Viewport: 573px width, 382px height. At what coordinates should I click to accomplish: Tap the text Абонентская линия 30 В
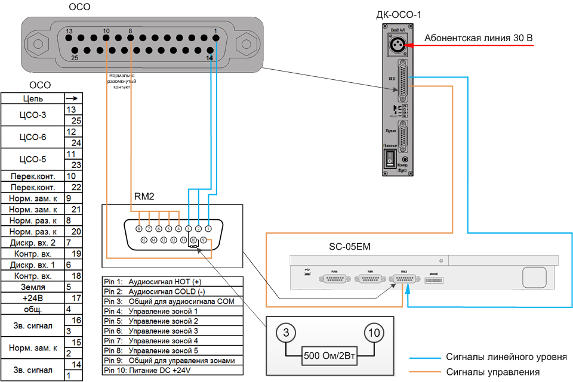point(478,39)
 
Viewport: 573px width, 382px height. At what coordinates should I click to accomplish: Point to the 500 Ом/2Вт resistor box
point(329,358)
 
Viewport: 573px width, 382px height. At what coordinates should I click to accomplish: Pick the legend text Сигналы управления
point(493,372)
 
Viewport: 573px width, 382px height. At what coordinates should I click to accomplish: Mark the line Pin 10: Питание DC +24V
point(158,369)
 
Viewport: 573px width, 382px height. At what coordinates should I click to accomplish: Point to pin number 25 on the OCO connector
point(75,58)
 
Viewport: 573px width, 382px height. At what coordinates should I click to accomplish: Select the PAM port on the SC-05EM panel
point(334,279)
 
